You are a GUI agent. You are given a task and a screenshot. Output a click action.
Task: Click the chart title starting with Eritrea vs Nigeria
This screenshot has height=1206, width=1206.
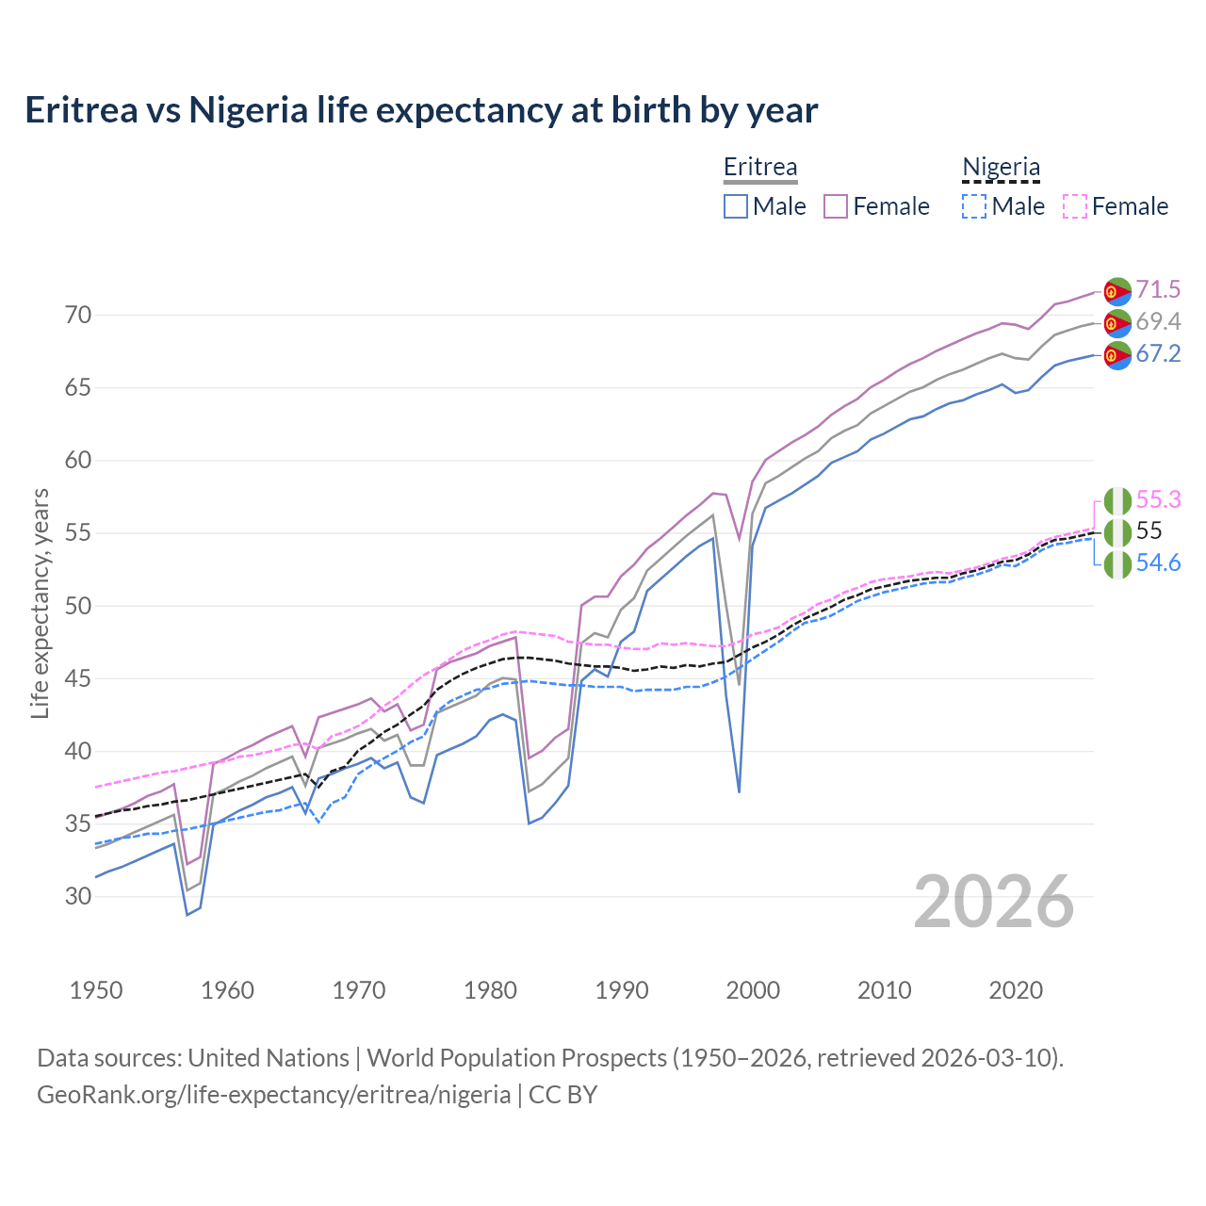pos(421,110)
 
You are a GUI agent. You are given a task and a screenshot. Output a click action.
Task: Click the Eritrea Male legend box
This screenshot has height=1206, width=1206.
pos(736,206)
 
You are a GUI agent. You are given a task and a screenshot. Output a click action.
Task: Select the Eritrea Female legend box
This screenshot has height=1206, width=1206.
pos(836,206)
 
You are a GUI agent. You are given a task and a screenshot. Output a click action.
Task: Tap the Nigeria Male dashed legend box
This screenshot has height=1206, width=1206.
pos(974,206)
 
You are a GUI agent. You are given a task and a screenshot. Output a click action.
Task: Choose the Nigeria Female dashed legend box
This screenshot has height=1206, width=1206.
pos(1075,206)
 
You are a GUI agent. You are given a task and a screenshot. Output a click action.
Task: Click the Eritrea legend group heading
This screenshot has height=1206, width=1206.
pos(760,167)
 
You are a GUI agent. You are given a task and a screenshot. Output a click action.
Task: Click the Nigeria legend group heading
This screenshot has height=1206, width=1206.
pos(1001,167)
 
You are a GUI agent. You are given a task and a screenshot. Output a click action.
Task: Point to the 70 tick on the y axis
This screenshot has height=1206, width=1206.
pos(78,315)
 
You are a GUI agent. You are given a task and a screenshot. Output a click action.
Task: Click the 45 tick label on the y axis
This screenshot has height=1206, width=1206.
pos(78,678)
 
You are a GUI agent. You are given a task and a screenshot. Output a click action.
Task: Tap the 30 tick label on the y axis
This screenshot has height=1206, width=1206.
pos(78,896)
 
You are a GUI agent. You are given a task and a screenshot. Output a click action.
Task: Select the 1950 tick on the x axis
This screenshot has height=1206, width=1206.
pos(96,990)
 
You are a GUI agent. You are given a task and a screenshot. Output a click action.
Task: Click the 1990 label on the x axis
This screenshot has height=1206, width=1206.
pos(622,990)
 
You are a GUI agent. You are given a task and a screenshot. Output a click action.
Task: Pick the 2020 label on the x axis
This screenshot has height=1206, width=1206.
pos(1016,990)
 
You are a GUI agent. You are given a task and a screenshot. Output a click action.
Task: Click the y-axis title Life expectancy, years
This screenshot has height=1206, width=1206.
pos(40,603)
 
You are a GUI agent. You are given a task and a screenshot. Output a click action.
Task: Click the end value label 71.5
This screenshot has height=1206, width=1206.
pos(1158,289)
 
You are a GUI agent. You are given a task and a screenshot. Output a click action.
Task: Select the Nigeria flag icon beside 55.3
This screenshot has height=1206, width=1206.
pos(1117,500)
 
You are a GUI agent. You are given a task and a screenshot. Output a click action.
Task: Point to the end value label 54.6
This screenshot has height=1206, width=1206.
pos(1158,563)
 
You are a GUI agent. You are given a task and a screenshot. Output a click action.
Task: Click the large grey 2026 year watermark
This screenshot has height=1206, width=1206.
pos(994,902)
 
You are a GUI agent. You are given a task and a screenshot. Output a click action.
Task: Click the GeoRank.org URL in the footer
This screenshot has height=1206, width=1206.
pos(273,1095)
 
